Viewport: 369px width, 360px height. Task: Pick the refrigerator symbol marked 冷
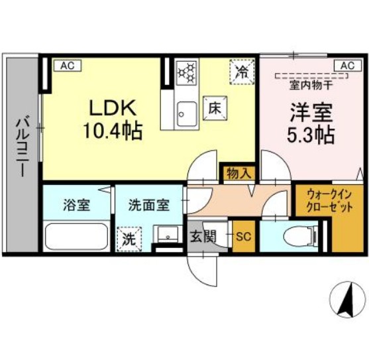pos(242,72)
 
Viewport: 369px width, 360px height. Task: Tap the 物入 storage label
pos(237,174)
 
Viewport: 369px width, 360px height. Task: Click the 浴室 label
pos(76,204)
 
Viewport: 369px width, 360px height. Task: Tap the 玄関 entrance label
pos(204,237)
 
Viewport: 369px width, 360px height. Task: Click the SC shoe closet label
pos(242,236)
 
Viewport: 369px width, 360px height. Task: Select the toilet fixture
pos(299,236)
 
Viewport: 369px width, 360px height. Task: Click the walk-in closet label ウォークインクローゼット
pos(329,200)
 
